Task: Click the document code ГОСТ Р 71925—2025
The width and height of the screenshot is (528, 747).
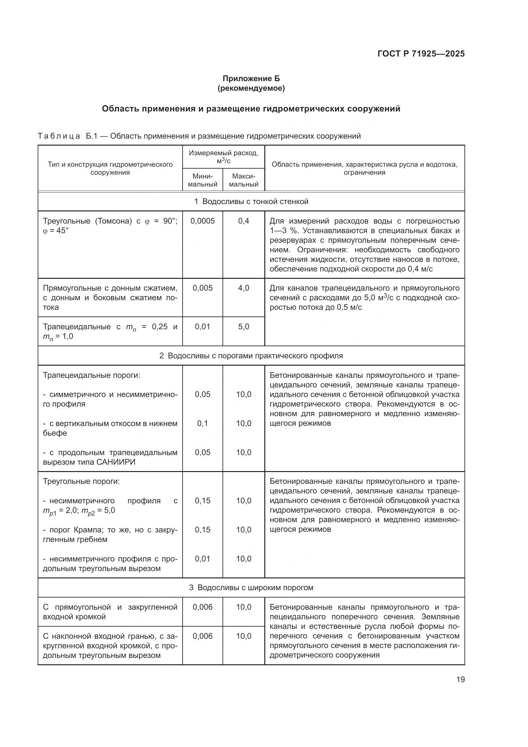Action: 421,54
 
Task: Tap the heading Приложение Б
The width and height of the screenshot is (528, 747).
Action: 251,79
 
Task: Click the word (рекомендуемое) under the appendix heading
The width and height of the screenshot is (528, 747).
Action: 251,88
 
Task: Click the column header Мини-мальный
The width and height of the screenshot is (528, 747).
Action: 203,180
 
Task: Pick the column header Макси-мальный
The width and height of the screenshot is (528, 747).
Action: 244,180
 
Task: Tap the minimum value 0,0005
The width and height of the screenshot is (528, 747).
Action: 203,221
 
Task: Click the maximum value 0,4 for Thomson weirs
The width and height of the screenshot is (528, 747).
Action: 244,221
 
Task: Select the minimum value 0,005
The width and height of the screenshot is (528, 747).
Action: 203,288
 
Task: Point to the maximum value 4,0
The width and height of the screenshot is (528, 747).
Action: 244,288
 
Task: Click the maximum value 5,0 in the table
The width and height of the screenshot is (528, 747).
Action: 244,327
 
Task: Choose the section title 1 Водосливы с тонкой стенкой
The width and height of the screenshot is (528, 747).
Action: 251,202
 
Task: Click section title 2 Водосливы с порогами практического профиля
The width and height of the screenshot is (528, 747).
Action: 251,355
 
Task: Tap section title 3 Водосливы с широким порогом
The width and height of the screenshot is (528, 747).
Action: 251,588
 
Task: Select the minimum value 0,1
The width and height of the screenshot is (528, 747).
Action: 203,423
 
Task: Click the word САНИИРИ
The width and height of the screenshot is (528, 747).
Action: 116,462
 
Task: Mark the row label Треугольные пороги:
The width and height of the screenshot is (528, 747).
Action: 81,481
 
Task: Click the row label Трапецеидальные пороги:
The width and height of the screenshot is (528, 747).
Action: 91,375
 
